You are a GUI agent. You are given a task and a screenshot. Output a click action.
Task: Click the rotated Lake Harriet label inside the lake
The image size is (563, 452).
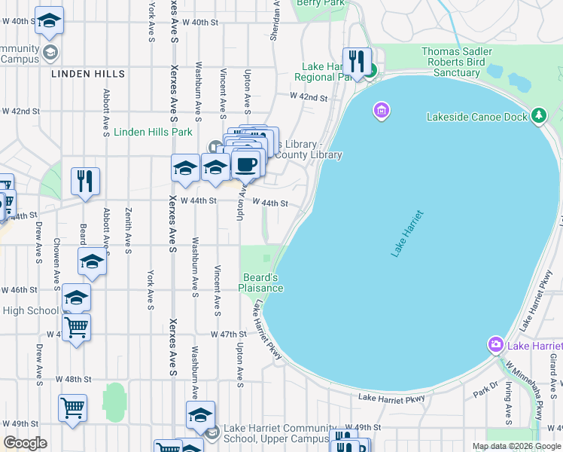[x=408, y=234]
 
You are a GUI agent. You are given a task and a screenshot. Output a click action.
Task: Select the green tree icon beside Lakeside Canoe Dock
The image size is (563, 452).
[x=538, y=115]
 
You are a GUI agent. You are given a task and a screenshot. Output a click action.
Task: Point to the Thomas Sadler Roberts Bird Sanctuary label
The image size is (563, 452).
[x=456, y=62]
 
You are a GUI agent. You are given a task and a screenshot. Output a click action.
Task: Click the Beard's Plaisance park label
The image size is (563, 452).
[x=261, y=282]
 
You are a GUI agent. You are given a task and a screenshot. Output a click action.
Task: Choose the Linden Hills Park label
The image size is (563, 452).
[x=153, y=132]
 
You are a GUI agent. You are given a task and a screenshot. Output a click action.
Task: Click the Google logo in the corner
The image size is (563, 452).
[x=25, y=443]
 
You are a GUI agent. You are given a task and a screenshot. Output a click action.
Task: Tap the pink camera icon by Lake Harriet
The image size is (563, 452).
[x=495, y=345]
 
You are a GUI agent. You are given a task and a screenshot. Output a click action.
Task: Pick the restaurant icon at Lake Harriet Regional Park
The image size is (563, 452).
[x=355, y=60]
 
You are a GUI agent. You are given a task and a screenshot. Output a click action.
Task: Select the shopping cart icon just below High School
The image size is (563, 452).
[x=76, y=328]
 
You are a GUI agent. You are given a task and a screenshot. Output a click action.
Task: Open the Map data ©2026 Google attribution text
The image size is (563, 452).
[x=516, y=446]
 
